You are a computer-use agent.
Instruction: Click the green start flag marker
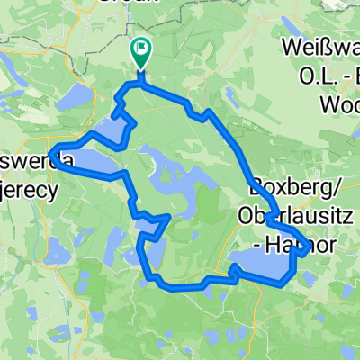(x=141, y=51)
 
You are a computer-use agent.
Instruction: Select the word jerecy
(x=27, y=189)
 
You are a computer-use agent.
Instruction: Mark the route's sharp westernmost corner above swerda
(x=52, y=149)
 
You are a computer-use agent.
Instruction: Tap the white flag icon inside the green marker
(x=141, y=48)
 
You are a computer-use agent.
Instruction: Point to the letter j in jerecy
(x=5, y=190)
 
